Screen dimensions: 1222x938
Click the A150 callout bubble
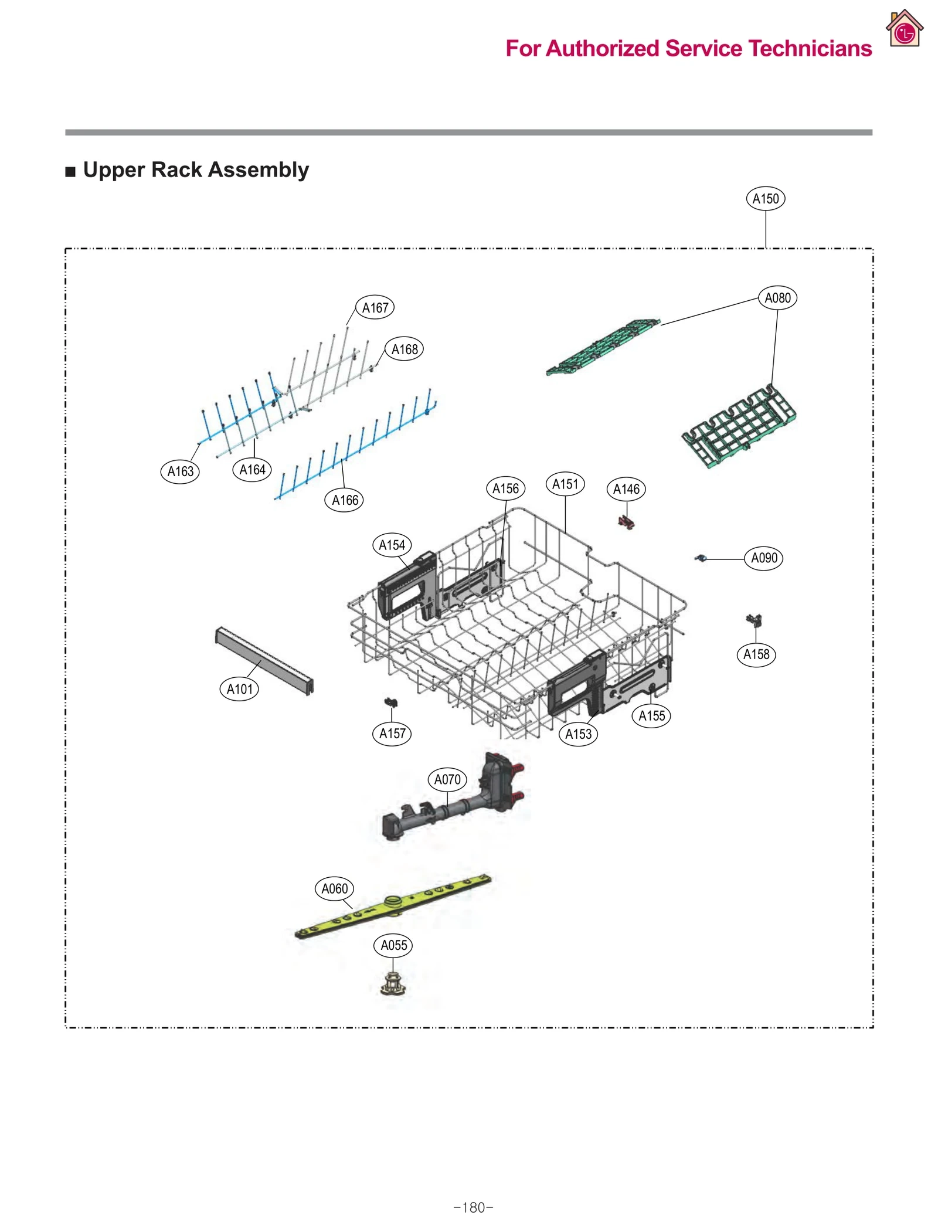pyautogui.click(x=765, y=198)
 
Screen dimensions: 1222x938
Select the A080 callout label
pyautogui.click(x=777, y=298)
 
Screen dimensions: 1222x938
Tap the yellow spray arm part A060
pyautogui.click(x=393, y=906)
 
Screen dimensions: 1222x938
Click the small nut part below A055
pyautogui.click(x=393, y=983)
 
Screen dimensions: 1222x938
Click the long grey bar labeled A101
pyautogui.click(x=264, y=660)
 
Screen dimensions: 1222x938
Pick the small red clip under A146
pyautogui.click(x=626, y=521)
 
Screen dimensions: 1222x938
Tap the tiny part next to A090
pyautogui.click(x=701, y=558)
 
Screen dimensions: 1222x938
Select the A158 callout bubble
pyautogui.click(x=756, y=654)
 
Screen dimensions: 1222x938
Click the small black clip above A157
pyautogui.click(x=391, y=702)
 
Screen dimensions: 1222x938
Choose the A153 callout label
pyautogui.click(x=578, y=734)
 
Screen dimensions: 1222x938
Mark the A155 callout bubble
pyautogui.click(x=651, y=715)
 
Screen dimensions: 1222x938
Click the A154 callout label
pyautogui.click(x=392, y=545)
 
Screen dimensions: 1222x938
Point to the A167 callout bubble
pyautogui.click(x=375, y=307)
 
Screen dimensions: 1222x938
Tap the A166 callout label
pyautogui.click(x=345, y=500)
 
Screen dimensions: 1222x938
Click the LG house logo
pyautogui.click(x=904, y=29)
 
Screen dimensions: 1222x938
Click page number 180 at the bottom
pyautogui.click(x=473, y=1207)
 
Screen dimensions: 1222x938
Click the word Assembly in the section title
pyautogui.click(x=258, y=169)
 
